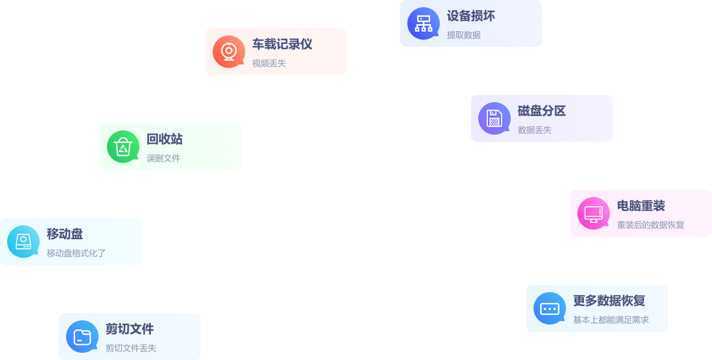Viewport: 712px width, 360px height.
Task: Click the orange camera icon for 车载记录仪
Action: coord(228,52)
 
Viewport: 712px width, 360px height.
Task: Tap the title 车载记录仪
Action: coord(282,44)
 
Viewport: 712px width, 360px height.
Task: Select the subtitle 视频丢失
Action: coord(269,63)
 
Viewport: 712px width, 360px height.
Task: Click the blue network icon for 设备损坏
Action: coord(423,23)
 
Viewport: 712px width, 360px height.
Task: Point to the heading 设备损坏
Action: coord(470,16)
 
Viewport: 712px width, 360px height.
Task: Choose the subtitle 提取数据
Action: coord(463,35)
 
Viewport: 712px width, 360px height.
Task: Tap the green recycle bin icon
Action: coord(123,147)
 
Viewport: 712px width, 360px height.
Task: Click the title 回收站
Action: coord(164,139)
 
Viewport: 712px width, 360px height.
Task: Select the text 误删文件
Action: coord(163,158)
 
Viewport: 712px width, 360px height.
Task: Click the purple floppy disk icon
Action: coord(494,118)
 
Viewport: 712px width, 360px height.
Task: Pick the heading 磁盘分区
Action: coord(541,111)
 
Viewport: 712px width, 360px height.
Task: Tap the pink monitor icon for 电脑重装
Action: coord(593,213)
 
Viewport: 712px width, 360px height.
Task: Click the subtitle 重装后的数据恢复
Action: coord(650,225)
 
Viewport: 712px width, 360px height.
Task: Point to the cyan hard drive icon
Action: coord(23,242)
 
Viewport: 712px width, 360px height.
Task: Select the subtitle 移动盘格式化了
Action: coord(76,253)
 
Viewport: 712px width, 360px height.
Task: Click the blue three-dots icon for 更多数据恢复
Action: coord(549,308)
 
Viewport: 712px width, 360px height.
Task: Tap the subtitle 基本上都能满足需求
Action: coord(610,320)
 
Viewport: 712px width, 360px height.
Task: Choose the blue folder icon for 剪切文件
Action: coord(82,337)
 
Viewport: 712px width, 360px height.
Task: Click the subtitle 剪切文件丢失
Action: coord(130,348)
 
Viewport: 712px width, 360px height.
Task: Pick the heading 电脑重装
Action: coord(640,206)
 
